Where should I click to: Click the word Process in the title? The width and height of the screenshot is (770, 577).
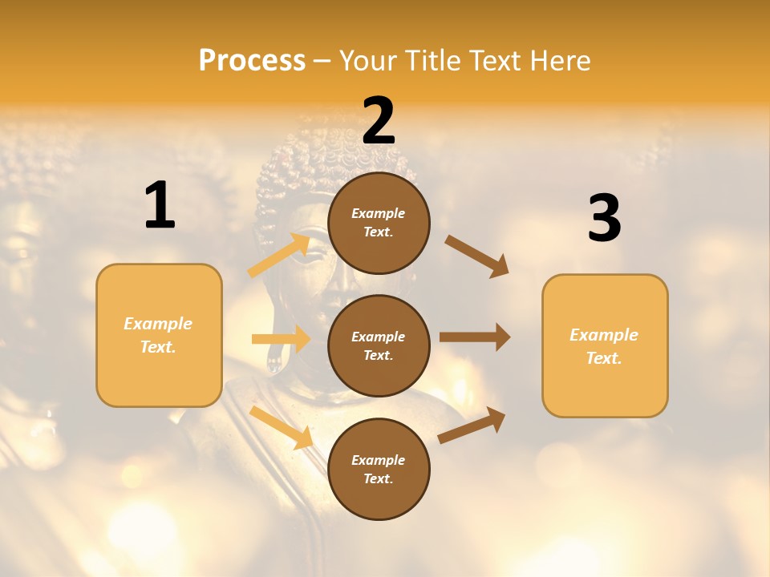pos(252,61)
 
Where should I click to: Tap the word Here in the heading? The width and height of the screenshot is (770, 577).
pos(557,61)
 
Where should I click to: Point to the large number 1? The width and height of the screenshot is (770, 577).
pos(160,206)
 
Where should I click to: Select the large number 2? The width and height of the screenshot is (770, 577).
pos(379,122)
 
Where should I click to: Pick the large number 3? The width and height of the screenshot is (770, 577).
pos(604,218)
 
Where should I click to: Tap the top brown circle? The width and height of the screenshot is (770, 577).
pos(379,223)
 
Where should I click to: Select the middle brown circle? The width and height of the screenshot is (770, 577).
pos(379,345)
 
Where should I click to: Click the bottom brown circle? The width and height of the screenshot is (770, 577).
pos(379,469)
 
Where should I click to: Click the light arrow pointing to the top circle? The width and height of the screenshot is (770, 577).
pos(279,255)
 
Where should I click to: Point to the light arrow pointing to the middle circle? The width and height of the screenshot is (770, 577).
pos(281,339)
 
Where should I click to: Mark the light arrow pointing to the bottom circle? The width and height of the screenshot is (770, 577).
pos(281,427)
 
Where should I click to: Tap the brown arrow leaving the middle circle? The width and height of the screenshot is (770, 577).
pos(475,337)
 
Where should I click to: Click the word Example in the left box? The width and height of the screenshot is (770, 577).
pos(158,324)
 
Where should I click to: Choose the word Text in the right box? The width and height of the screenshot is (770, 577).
pos(603,358)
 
